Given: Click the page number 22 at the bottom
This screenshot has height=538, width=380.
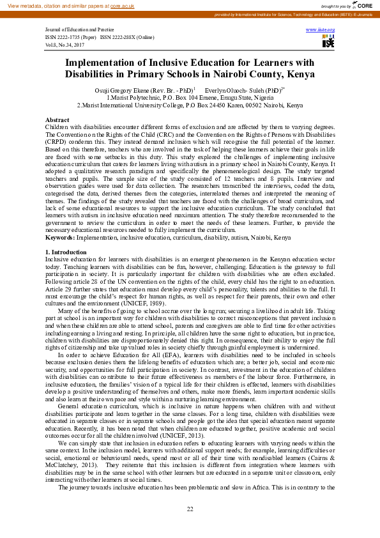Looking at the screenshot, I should coord(190,509).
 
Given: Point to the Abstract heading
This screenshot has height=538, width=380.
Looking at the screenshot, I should coord(57,120).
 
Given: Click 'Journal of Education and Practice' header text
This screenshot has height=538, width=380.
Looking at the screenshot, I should coord(80,30).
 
